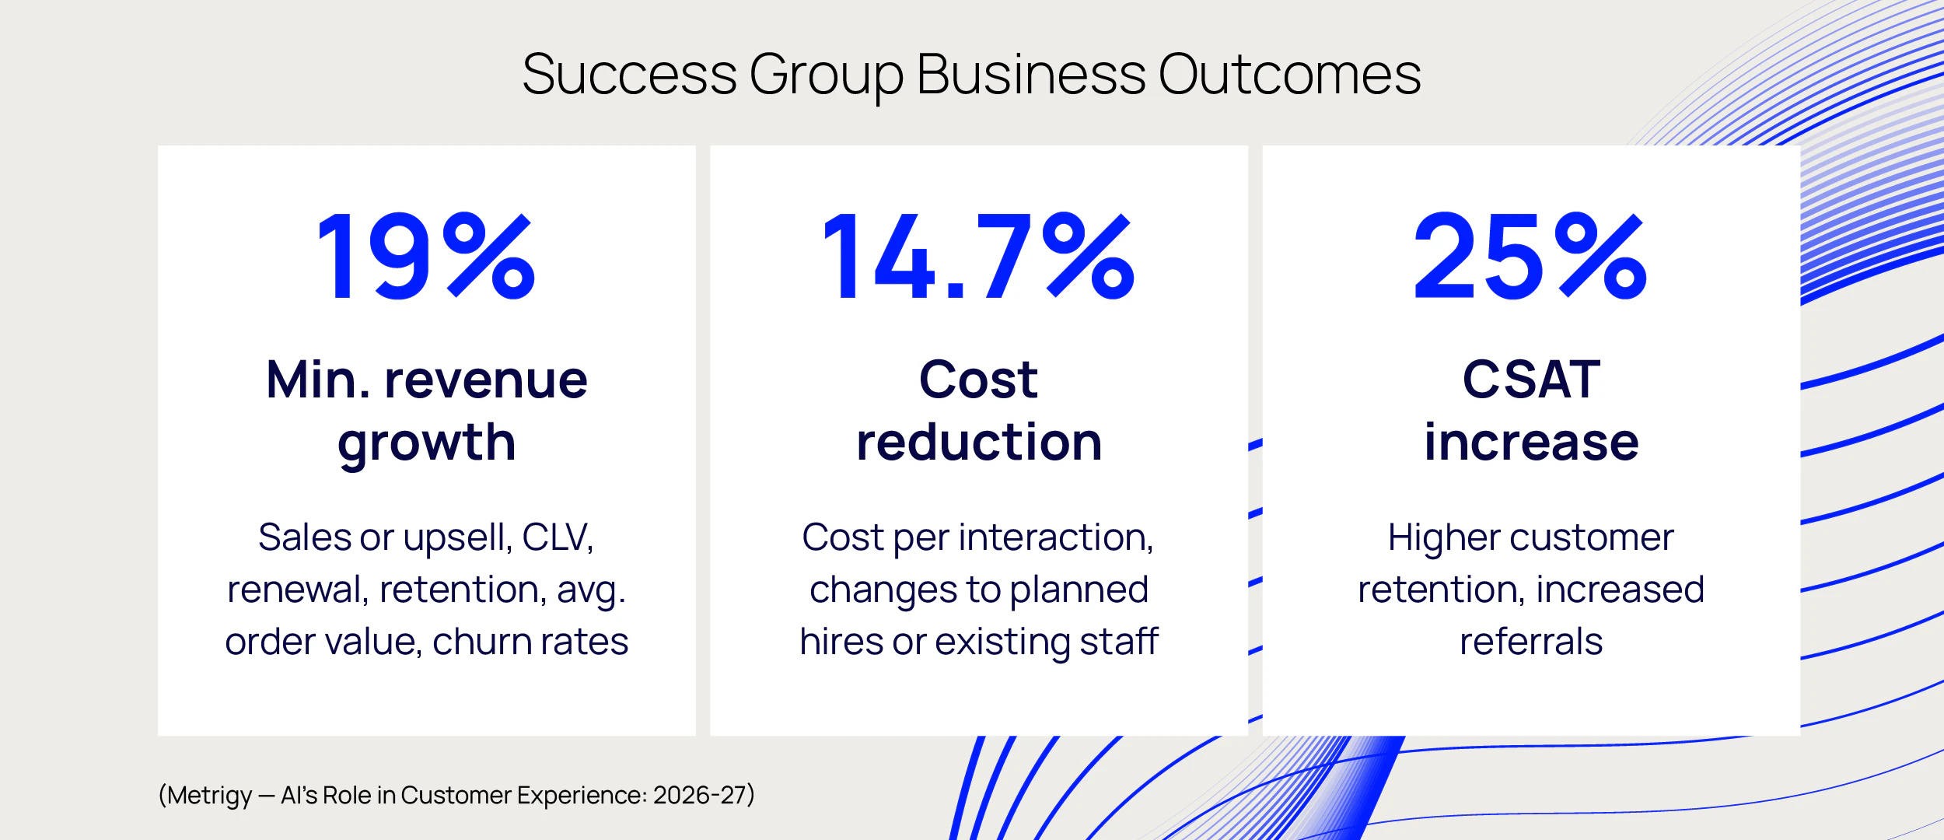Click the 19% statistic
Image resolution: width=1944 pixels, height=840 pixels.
[427, 257]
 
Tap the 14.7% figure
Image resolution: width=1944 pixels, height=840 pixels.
[979, 257]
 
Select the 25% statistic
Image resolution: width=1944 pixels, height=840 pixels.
[1530, 257]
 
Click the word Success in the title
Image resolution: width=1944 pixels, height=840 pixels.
[629, 75]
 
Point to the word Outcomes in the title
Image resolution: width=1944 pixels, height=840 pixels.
[1289, 75]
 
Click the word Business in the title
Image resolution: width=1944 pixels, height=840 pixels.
[1031, 75]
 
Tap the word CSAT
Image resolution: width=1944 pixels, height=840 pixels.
[1531, 380]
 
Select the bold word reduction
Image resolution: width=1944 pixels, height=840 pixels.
[979, 442]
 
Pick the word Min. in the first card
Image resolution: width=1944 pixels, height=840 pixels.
[319, 380]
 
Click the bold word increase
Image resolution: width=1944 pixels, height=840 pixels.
[1531, 442]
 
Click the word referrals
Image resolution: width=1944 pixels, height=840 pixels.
[1531, 642]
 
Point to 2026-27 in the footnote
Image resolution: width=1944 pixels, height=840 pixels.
[700, 795]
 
